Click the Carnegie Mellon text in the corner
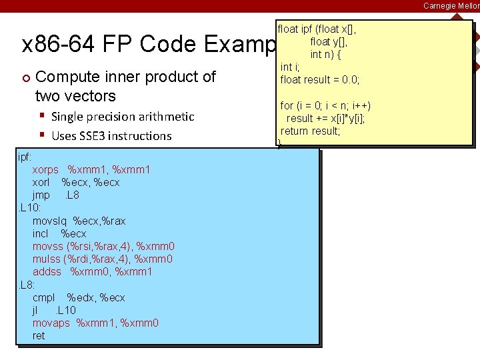pyautogui.click(x=451, y=5)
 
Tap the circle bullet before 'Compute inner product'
pyautogui.click(x=25, y=77)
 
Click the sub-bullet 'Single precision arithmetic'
pyautogui.click(x=123, y=117)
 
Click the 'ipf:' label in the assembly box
pyautogui.click(x=26, y=157)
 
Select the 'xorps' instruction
pyautogui.click(x=45, y=170)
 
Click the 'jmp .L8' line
pyautogui.click(x=55, y=195)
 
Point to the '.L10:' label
pyautogui.click(x=30, y=208)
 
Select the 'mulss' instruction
pyautogui.click(x=47, y=259)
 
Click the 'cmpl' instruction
pyautogui.click(x=44, y=297)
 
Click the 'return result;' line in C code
pyautogui.click(x=311, y=131)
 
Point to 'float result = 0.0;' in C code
pyautogui.click(x=320, y=80)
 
